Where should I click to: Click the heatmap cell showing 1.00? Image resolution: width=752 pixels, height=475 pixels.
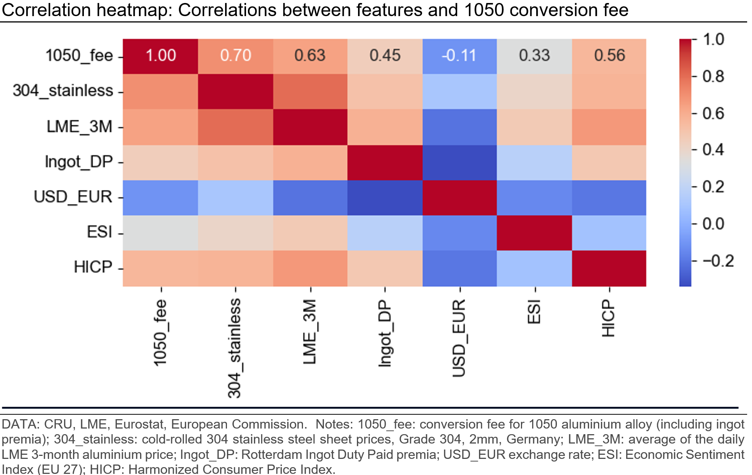[x=161, y=56]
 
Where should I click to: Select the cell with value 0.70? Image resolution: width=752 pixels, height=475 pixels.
[x=236, y=56]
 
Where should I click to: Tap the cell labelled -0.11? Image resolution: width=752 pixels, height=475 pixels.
[x=460, y=56]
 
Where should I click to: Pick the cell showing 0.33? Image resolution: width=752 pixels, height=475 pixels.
[x=534, y=56]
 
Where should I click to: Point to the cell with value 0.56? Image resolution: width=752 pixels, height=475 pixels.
[x=609, y=56]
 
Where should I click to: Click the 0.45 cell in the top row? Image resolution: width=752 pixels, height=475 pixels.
[x=385, y=56]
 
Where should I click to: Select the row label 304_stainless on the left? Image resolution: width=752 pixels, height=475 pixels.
[x=63, y=91]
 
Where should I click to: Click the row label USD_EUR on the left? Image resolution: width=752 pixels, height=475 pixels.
[x=73, y=197]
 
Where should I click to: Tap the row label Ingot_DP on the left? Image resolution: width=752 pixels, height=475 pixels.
[x=79, y=162]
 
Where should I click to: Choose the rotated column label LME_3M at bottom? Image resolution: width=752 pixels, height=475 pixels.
[x=310, y=332]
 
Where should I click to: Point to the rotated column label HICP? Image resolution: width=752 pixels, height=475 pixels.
[x=609, y=318]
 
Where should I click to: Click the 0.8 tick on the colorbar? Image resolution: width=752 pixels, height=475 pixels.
[x=713, y=76]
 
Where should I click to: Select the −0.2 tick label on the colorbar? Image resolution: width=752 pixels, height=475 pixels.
[x=718, y=261]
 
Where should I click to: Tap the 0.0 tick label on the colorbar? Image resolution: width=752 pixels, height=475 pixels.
[x=713, y=224]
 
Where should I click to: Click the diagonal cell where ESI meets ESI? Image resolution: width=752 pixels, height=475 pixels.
[x=534, y=233]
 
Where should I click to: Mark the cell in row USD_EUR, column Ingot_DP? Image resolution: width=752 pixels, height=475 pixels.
[x=385, y=197]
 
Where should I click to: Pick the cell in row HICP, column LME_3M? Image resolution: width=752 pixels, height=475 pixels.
[x=310, y=268]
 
